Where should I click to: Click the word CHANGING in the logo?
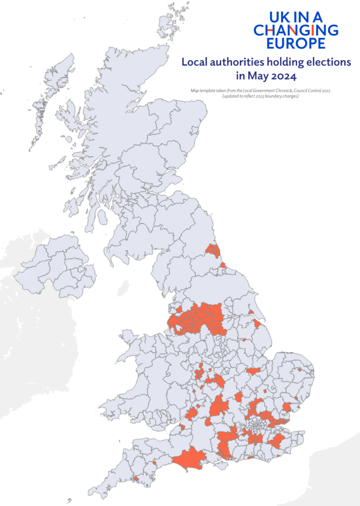pyautogui.click(x=296, y=30)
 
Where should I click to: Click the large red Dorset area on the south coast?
pyautogui.click(x=190, y=459)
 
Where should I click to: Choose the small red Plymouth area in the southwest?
pyautogui.click(x=135, y=478)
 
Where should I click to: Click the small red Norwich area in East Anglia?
pyautogui.click(x=299, y=369)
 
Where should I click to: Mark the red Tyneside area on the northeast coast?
pyautogui.click(x=213, y=251)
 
